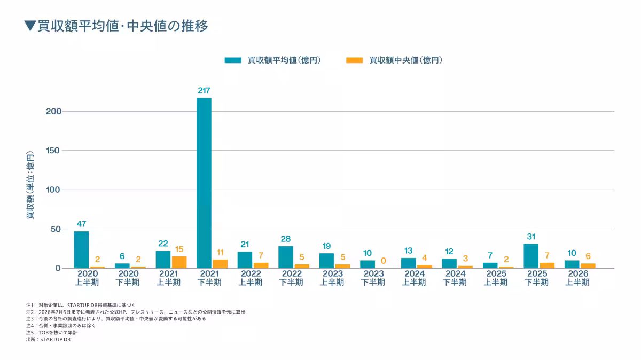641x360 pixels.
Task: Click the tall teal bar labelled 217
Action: [204, 183]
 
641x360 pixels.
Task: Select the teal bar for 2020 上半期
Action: [81, 249]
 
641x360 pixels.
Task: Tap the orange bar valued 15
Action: [179, 262]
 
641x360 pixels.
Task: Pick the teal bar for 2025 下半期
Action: [531, 256]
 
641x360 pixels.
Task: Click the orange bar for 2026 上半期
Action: [588, 266]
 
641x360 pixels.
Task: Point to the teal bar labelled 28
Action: [286, 257]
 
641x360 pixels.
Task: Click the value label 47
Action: [81, 224]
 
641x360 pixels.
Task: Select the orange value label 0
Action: [384, 261]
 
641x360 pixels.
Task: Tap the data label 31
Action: [531, 237]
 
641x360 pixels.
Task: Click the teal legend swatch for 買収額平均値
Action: [233, 60]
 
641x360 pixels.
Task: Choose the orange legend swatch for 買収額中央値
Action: [355, 60]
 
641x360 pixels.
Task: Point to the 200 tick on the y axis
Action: [53, 111]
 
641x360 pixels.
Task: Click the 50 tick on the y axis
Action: [56, 229]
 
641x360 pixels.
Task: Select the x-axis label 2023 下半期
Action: [373, 278]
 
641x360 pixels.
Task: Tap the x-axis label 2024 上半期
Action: [414, 278]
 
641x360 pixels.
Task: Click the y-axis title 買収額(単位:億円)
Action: [30, 185]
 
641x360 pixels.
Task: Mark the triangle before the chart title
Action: [30, 26]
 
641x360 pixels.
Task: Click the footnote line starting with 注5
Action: [52, 333]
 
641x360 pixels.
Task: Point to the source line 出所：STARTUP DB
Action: [48, 339]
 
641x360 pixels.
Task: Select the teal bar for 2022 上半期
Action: [245, 260]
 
